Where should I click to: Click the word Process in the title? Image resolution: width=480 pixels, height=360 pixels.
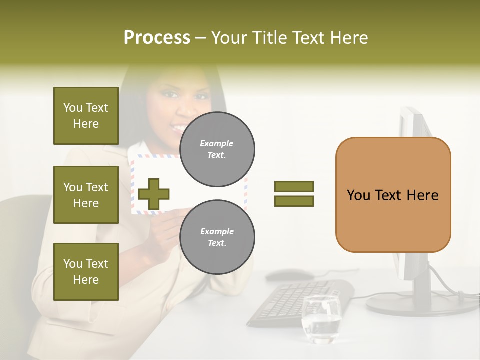(157, 38)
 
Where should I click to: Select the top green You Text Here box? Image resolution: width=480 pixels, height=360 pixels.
(86, 116)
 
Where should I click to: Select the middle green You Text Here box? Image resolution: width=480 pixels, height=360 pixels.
(86, 195)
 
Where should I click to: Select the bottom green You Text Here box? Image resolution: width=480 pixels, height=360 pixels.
(86, 272)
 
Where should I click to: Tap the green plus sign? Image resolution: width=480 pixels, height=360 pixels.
(154, 194)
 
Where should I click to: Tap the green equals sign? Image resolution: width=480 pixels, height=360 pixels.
(294, 194)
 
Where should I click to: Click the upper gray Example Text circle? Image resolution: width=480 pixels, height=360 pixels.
(217, 149)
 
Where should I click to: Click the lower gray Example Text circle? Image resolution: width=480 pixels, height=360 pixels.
(217, 237)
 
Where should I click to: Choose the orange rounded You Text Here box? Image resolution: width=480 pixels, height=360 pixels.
(393, 195)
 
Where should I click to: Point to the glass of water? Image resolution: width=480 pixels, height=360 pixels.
(321, 320)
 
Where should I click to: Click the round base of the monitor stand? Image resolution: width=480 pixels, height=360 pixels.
(420, 303)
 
